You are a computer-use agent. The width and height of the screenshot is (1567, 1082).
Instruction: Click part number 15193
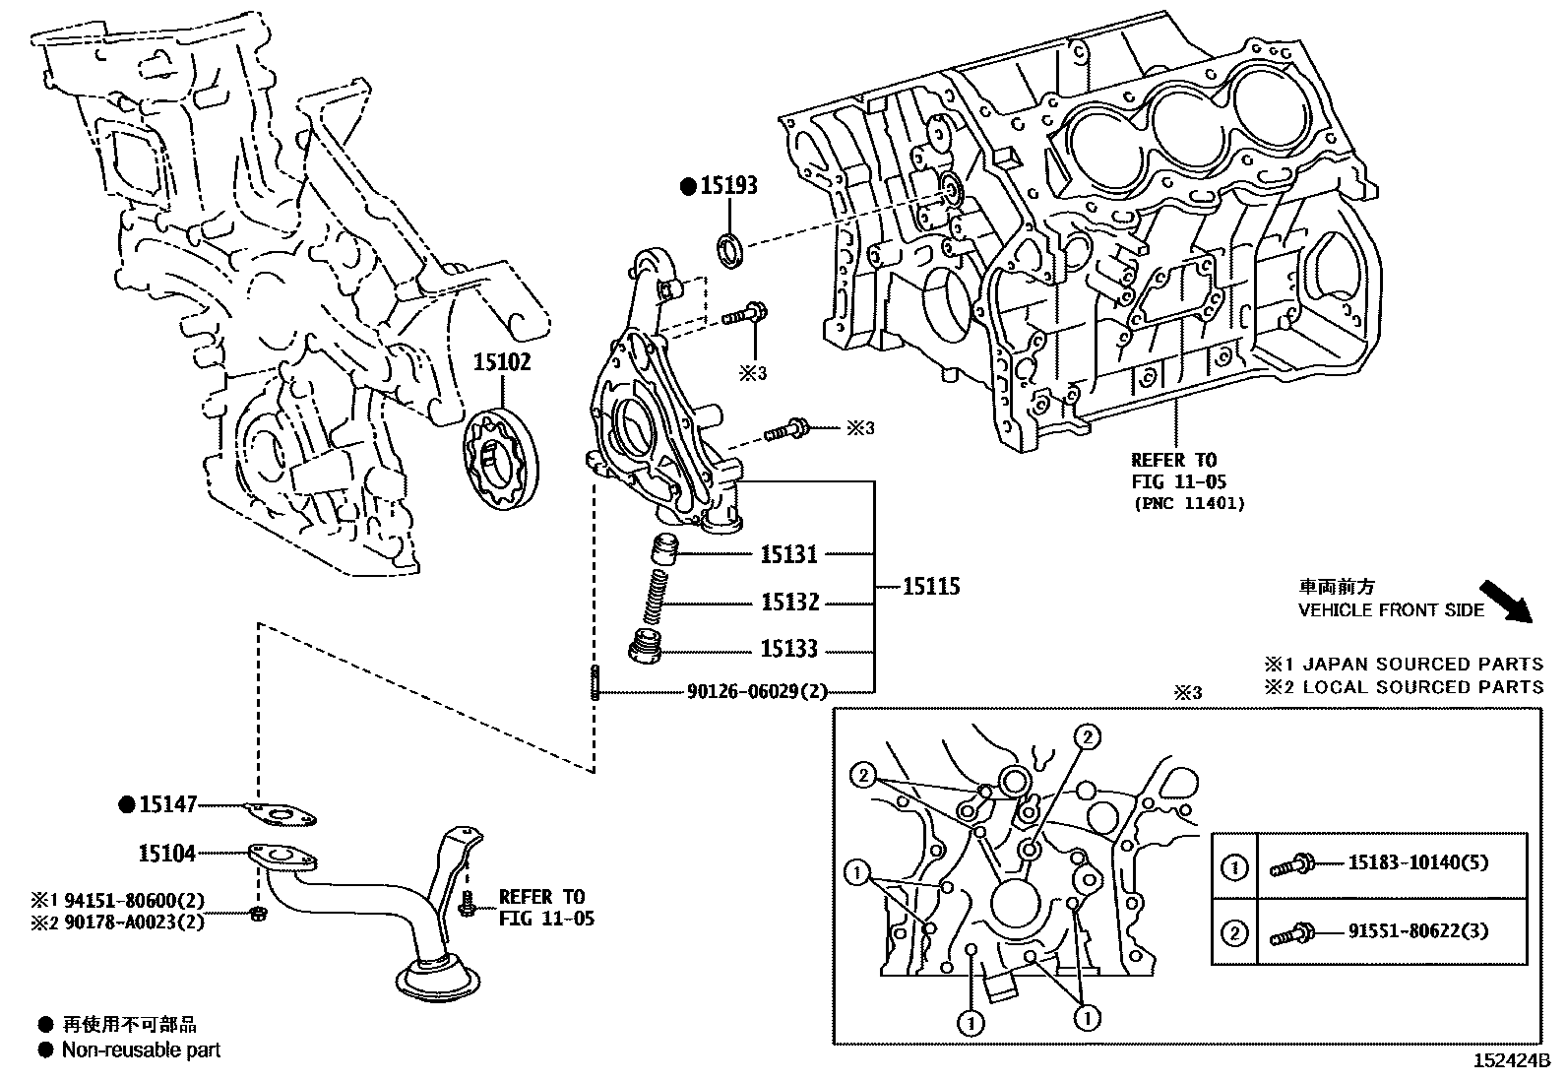[728, 184]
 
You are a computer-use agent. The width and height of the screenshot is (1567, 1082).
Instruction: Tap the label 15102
[502, 362]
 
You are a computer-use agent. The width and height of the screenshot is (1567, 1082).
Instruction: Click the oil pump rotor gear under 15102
[502, 462]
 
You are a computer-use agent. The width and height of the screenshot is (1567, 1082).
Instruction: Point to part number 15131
[788, 554]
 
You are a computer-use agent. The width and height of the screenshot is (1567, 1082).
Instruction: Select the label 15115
[931, 587]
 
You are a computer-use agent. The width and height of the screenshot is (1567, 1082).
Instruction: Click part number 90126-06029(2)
[758, 692]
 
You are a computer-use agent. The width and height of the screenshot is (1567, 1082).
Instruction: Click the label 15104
[167, 853]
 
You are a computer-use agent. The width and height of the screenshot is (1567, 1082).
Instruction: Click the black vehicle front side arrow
[1507, 602]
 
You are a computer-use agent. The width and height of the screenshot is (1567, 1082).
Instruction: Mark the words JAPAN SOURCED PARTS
[1422, 665]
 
